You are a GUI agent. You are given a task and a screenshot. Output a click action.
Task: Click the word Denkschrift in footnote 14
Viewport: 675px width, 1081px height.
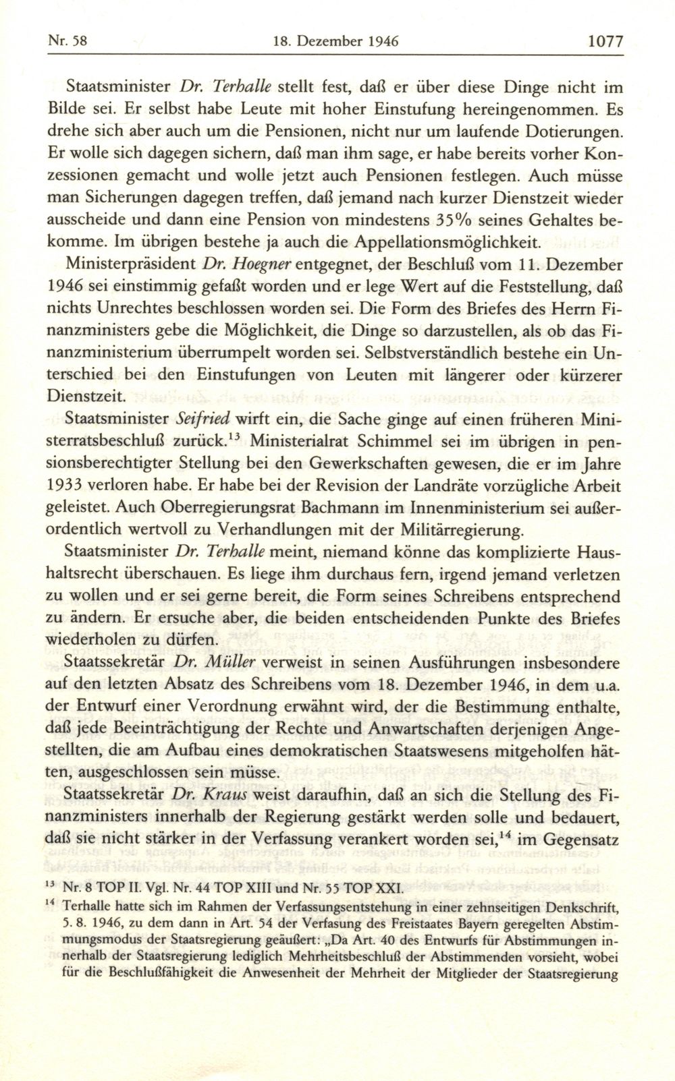pyautogui.click(x=576, y=905)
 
